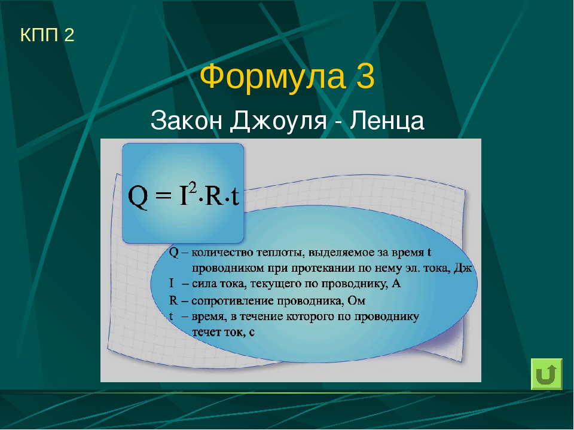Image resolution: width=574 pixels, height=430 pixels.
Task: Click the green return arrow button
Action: [546, 374]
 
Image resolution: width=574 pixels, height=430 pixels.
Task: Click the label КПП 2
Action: [47, 35]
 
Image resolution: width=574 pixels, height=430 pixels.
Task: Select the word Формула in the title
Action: [273, 76]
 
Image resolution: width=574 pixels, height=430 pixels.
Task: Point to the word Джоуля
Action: [279, 121]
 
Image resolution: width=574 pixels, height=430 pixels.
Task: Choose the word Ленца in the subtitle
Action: [387, 121]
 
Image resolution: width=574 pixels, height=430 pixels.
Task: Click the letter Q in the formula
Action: [138, 197]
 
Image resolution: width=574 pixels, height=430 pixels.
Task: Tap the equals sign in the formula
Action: [163, 196]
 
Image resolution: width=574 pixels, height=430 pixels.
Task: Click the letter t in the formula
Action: [235, 196]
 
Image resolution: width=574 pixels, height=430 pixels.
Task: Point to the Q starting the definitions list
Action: [174, 253]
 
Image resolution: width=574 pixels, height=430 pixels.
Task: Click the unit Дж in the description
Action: [463, 268]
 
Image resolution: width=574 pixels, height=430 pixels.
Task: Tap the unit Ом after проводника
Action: [356, 300]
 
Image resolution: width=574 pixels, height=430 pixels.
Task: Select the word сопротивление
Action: [233, 301]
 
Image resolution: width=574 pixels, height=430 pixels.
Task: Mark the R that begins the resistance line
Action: [173, 300]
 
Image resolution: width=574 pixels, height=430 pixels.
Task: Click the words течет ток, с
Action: [223, 332]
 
